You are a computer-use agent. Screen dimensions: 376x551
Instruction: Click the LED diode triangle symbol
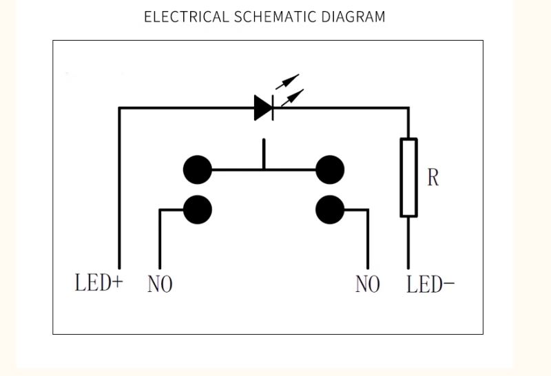(264, 108)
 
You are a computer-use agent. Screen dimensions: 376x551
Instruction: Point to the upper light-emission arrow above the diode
(288, 81)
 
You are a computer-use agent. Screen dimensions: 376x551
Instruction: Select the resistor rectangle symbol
(408, 177)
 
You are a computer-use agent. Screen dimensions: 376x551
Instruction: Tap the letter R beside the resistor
(433, 178)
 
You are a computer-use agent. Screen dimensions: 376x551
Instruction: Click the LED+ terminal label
(98, 283)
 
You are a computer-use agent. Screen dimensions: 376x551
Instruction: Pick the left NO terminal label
(160, 284)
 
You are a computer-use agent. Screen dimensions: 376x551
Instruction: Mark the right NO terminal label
(368, 284)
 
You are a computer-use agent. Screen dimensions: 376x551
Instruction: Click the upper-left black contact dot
(198, 169)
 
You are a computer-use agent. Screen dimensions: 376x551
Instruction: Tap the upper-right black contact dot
(330, 169)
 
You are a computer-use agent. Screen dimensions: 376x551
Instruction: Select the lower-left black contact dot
(198, 208)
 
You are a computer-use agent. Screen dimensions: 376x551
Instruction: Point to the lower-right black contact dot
(330, 208)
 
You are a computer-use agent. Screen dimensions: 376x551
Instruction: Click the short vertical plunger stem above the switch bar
(263, 154)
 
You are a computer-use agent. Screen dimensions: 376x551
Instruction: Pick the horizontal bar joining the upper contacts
(264, 169)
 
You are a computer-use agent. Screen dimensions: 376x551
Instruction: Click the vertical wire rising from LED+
(120, 193)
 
